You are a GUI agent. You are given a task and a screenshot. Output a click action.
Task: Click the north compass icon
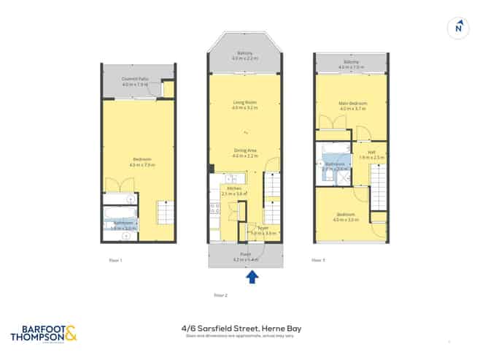click(457, 28)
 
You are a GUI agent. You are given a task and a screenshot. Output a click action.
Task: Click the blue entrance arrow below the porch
click(252, 276)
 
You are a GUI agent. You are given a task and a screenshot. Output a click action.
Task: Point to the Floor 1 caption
click(115, 259)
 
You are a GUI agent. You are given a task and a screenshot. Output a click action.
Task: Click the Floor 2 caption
click(221, 295)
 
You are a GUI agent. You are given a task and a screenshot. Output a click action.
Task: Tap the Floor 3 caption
click(317, 259)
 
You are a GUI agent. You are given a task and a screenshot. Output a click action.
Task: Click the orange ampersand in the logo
click(70, 334)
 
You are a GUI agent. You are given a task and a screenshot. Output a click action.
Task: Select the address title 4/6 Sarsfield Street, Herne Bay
click(241, 329)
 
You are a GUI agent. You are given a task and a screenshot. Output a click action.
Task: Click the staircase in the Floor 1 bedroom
click(165, 215)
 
